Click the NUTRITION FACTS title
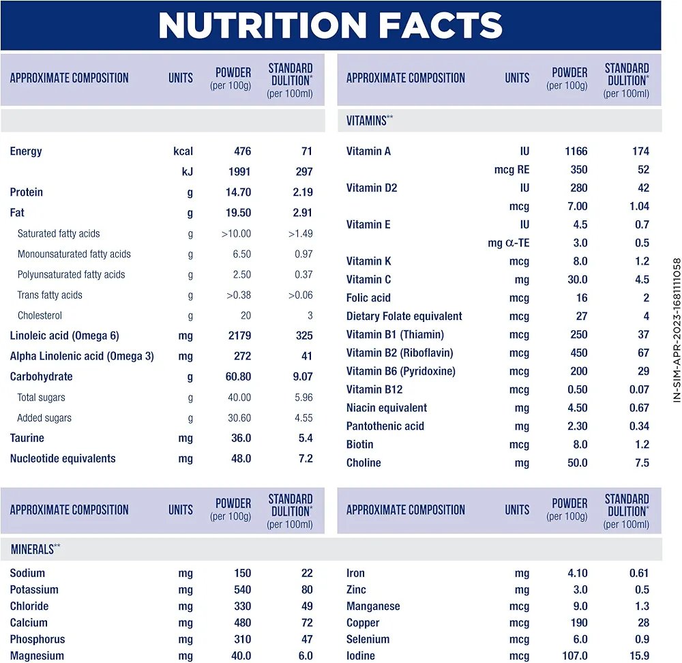[330, 25]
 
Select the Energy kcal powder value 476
[242, 151]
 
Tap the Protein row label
[26, 192]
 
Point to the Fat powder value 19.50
[238, 213]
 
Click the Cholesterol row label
[40, 315]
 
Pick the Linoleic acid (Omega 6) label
[64, 336]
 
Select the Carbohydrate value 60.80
[238, 377]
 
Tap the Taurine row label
[27, 438]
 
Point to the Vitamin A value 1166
[576, 151]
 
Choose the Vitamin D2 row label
[372, 188]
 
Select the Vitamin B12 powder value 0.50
[577, 389]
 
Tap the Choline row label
[364, 462]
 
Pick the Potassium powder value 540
[242, 589]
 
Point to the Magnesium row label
[37, 655]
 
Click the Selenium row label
[368, 639]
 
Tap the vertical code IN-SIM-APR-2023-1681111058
[677, 329]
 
